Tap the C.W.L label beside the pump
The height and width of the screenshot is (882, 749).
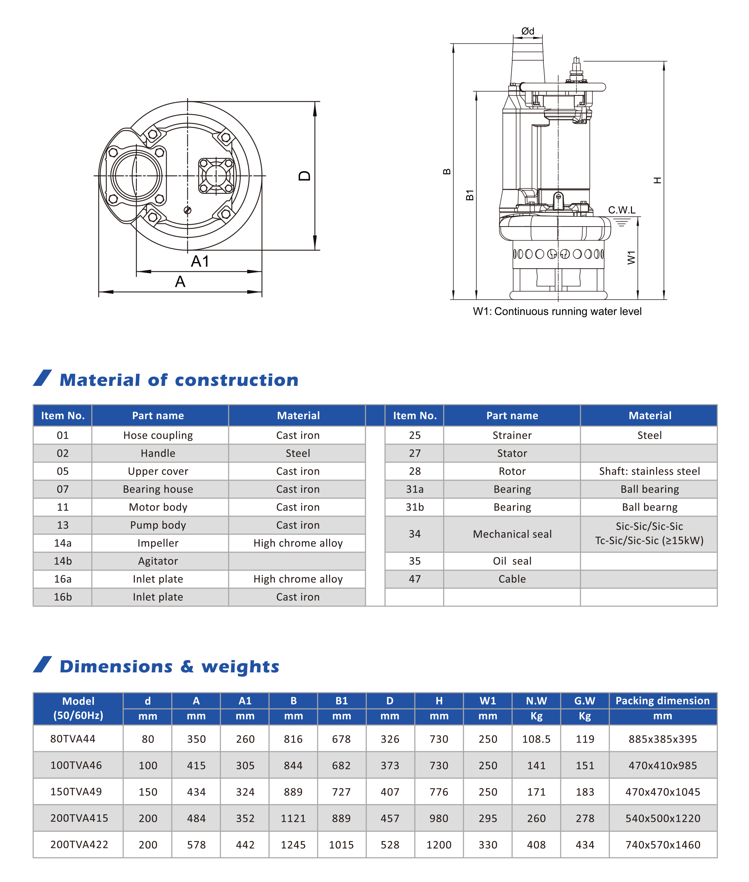click(622, 210)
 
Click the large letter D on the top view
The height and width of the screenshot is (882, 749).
click(304, 176)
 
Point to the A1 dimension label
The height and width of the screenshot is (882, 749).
click(200, 261)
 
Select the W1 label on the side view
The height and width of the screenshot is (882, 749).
click(631, 257)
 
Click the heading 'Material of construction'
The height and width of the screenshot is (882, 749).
click(179, 380)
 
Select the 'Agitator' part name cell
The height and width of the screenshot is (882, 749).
click(158, 561)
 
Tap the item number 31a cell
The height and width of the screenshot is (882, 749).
click(415, 489)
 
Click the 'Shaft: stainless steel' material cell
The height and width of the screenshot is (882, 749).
click(649, 471)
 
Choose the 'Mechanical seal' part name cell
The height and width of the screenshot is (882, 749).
click(512, 534)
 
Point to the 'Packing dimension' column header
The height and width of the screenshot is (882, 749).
click(662, 700)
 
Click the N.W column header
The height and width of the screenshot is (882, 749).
click(536, 701)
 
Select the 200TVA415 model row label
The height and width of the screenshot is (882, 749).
click(79, 818)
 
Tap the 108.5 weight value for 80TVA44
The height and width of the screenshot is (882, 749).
click(536, 739)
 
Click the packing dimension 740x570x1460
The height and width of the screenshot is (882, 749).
click(662, 845)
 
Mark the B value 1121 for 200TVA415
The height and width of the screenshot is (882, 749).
click(293, 818)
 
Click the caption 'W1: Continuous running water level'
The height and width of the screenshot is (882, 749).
click(557, 312)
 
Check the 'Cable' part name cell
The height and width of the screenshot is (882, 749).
click(512, 579)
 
